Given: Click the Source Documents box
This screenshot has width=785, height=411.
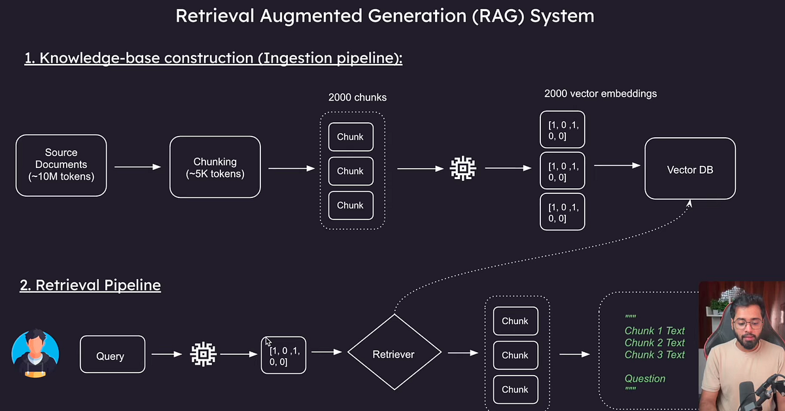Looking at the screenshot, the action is pyautogui.click(x=61, y=165).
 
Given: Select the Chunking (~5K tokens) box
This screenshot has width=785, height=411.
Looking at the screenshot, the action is pyautogui.click(x=215, y=167).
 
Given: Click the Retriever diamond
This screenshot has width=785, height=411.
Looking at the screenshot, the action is pyautogui.click(x=394, y=352).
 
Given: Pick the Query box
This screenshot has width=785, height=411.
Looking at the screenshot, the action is pyautogui.click(x=113, y=354).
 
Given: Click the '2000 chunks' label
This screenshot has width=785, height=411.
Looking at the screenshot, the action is pyautogui.click(x=357, y=97).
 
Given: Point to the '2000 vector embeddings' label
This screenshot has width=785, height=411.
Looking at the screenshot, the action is pyautogui.click(x=601, y=93).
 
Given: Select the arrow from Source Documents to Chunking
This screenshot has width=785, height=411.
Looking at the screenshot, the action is pyautogui.click(x=138, y=167).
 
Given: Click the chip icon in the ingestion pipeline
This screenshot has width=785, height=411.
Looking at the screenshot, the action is pyautogui.click(x=463, y=169).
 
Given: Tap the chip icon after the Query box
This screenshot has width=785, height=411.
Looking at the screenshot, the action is pyautogui.click(x=203, y=354).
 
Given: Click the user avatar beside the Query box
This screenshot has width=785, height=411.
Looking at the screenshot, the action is pyautogui.click(x=35, y=353).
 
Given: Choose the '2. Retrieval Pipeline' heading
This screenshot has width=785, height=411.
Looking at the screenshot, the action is pyautogui.click(x=90, y=285).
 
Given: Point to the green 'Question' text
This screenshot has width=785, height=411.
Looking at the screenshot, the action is pyautogui.click(x=645, y=378).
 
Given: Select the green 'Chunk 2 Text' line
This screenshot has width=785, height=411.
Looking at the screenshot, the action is pyautogui.click(x=655, y=343).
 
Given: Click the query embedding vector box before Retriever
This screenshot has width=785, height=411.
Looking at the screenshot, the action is pyautogui.click(x=283, y=355).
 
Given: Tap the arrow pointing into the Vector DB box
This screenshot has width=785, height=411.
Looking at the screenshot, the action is pyautogui.click(x=618, y=165).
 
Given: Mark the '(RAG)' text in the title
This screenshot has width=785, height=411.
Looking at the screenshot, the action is pyautogui.click(x=498, y=16).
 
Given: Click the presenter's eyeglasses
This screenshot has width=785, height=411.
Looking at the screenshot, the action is pyautogui.click(x=747, y=323).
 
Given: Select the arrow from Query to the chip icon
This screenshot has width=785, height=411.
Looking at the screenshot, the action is pyautogui.click(x=167, y=354).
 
